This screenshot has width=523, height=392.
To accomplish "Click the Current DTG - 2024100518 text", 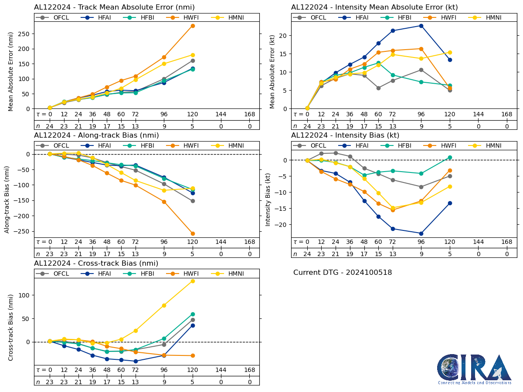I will coord(343,273).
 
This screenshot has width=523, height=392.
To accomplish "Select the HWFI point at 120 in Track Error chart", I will coord(193,26).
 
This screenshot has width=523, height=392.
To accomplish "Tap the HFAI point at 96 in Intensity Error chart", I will coord(421,26).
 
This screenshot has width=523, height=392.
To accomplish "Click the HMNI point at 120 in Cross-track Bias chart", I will coord(193,281).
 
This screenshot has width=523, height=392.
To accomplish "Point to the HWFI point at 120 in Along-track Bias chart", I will coord(193,233).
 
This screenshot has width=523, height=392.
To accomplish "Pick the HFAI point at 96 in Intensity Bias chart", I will coord(421,233).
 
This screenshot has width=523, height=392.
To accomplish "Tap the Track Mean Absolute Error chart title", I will coord(114,7).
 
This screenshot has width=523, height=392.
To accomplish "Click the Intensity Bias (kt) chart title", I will coord(345,135).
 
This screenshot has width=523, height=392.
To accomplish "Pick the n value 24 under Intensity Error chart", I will coord(307,126).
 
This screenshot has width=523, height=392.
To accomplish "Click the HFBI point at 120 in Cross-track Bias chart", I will coord(193,314).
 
